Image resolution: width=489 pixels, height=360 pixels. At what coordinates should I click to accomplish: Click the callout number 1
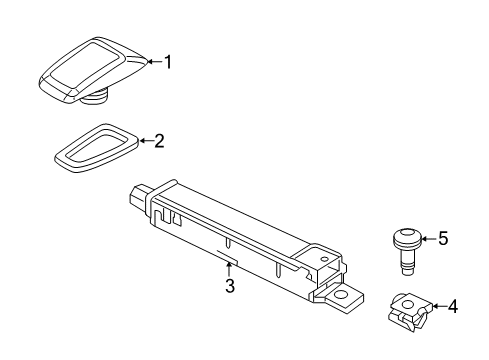[x=168, y=62]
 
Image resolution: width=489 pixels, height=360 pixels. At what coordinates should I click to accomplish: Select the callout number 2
[x=159, y=141]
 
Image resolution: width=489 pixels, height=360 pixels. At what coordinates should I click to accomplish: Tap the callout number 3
[x=230, y=286]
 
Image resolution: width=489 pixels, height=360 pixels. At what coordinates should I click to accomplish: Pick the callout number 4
[x=452, y=307]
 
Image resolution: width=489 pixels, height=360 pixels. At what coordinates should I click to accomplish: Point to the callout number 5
[x=443, y=239]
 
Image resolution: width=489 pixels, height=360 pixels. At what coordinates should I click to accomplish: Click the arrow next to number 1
[x=155, y=62]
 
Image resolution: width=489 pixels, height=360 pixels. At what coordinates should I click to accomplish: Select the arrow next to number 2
[x=146, y=141]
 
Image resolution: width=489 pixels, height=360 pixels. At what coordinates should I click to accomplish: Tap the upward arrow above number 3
[x=229, y=269]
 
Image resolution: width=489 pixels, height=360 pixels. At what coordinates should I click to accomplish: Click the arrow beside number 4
[x=439, y=306]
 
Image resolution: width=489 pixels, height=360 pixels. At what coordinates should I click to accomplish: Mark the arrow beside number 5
[x=429, y=239]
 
